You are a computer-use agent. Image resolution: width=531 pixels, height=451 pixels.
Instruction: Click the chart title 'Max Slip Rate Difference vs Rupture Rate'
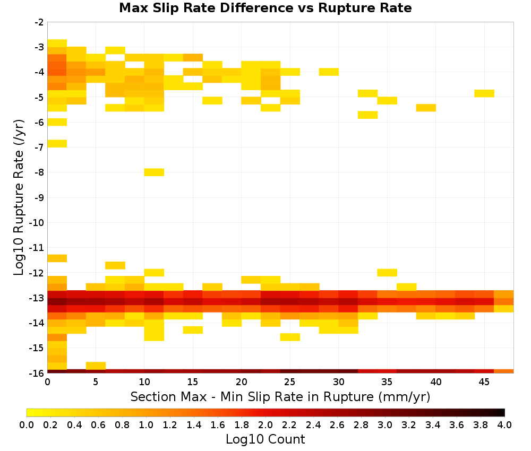click(x=265, y=8)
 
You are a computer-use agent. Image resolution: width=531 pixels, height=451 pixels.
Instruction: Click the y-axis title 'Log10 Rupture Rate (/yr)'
click(x=19, y=197)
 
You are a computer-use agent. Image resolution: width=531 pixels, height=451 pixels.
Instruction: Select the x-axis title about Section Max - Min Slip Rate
click(x=280, y=396)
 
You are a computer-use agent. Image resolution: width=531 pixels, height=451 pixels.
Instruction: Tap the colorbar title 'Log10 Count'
click(x=265, y=439)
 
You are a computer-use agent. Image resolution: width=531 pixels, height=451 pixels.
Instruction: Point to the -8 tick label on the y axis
click(x=39, y=172)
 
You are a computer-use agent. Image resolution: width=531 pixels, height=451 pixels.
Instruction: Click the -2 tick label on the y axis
click(x=39, y=22)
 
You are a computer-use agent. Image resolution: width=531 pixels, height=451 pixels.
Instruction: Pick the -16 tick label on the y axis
click(x=37, y=373)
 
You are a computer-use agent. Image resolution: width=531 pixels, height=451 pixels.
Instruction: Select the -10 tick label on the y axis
click(x=37, y=223)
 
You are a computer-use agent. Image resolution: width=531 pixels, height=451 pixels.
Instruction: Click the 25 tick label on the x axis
click(x=290, y=382)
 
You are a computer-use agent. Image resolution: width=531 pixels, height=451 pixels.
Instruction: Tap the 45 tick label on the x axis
click(x=484, y=382)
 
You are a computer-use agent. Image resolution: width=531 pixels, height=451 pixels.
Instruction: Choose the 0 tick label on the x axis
click(x=47, y=382)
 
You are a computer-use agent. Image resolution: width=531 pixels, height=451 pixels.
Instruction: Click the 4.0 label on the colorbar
click(x=504, y=424)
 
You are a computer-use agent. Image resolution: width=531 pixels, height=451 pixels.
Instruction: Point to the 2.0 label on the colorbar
click(x=265, y=424)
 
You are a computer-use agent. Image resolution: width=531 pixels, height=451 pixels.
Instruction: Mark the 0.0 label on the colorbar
click(x=27, y=424)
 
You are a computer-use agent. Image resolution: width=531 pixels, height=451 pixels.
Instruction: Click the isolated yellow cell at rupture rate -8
click(x=154, y=172)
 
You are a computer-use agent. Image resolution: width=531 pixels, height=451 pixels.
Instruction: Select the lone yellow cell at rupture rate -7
click(x=57, y=143)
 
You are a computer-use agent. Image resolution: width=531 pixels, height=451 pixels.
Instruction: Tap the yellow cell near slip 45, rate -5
click(x=484, y=93)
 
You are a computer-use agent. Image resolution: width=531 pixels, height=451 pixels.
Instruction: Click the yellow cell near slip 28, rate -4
click(x=329, y=72)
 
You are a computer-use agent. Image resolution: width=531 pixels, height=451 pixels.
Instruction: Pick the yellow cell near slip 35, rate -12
click(x=387, y=272)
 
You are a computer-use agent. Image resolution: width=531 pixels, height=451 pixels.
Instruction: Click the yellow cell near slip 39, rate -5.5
click(x=426, y=108)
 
